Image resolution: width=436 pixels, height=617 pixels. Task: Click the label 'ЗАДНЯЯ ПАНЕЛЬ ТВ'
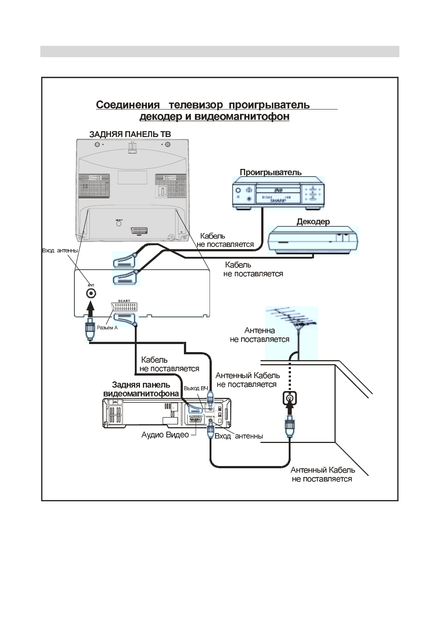click(130, 134)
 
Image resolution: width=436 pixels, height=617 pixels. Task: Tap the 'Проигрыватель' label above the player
click(270, 172)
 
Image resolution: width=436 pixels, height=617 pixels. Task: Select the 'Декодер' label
click(313, 222)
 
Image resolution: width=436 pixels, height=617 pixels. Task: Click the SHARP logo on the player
click(277, 201)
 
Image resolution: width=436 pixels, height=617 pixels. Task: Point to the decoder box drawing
click(313, 240)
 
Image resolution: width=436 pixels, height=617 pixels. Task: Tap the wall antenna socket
click(289, 398)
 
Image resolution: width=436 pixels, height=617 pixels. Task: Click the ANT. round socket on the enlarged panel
click(91, 293)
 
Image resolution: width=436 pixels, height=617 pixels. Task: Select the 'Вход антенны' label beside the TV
click(60, 251)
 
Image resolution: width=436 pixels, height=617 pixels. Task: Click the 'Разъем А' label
click(107, 328)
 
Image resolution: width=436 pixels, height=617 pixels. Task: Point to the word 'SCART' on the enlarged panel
click(124, 301)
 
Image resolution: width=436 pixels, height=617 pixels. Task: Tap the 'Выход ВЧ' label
click(196, 388)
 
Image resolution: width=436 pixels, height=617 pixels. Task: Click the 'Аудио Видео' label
click(165, 435)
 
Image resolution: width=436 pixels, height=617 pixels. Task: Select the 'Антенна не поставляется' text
click(259, 335)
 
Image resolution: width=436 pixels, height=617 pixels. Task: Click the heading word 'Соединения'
click(128, 105)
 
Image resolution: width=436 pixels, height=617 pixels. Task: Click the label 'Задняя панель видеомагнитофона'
click(141, 389)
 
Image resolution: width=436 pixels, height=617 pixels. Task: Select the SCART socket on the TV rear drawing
click(139, 231)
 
